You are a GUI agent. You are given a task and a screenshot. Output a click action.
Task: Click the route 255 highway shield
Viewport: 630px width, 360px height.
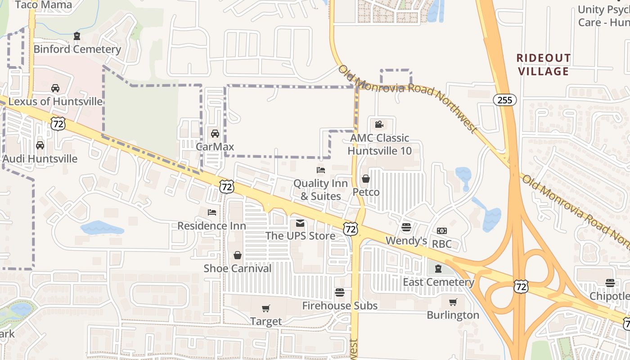point(505,100)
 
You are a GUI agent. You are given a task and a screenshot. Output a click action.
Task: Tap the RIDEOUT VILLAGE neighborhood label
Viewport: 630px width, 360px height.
point(543,65)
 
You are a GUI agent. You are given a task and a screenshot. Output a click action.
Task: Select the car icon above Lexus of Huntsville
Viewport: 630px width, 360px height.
point(55,88)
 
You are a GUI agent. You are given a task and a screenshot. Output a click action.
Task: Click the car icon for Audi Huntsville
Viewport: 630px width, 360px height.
point(40,145)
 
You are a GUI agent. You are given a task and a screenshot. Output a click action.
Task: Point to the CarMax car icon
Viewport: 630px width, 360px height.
point(215,134)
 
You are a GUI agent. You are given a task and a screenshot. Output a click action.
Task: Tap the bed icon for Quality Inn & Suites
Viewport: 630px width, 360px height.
point(321,170)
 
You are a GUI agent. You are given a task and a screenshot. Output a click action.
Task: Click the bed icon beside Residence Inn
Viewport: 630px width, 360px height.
point(212,212)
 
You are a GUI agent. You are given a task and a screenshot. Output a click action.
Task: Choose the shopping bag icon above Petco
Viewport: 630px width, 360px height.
point(366,179)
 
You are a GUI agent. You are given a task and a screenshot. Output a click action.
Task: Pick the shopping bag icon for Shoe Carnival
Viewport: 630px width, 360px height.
point(238,256)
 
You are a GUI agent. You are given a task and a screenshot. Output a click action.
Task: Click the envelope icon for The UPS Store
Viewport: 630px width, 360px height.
point(300,223)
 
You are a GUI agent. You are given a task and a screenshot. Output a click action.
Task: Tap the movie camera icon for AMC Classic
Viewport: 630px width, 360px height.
point(379,124)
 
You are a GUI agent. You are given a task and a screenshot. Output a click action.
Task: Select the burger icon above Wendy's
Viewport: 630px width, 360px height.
point(406,227)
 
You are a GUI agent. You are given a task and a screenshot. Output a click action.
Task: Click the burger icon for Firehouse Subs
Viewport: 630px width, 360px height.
point(340,292)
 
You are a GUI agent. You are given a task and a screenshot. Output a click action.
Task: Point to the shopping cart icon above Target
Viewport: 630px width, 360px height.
point(266,309)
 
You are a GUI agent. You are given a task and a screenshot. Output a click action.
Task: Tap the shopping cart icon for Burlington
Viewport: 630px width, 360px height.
point(453,302)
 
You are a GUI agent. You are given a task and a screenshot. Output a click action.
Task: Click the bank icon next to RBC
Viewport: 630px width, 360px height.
point(441,231)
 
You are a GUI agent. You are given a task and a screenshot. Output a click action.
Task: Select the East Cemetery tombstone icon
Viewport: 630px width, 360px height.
point(438,269)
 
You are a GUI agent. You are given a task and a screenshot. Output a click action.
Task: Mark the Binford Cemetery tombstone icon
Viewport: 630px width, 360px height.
point(77,36)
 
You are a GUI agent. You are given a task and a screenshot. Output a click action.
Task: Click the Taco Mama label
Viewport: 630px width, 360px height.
point(43,5)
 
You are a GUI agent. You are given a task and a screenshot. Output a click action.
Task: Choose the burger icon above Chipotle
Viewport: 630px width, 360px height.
point(610,283)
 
